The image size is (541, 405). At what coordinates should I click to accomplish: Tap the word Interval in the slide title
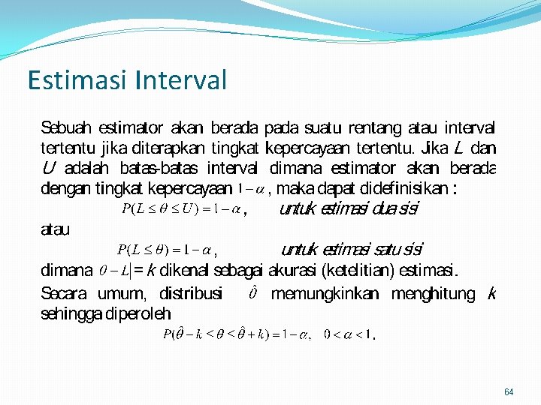(x=181, y=79)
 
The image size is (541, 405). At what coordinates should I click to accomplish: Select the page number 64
(x=509, y=392)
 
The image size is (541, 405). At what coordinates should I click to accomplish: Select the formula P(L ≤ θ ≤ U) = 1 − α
(x=180, y=209)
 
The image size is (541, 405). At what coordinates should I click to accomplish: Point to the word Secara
(x=63, y=293)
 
